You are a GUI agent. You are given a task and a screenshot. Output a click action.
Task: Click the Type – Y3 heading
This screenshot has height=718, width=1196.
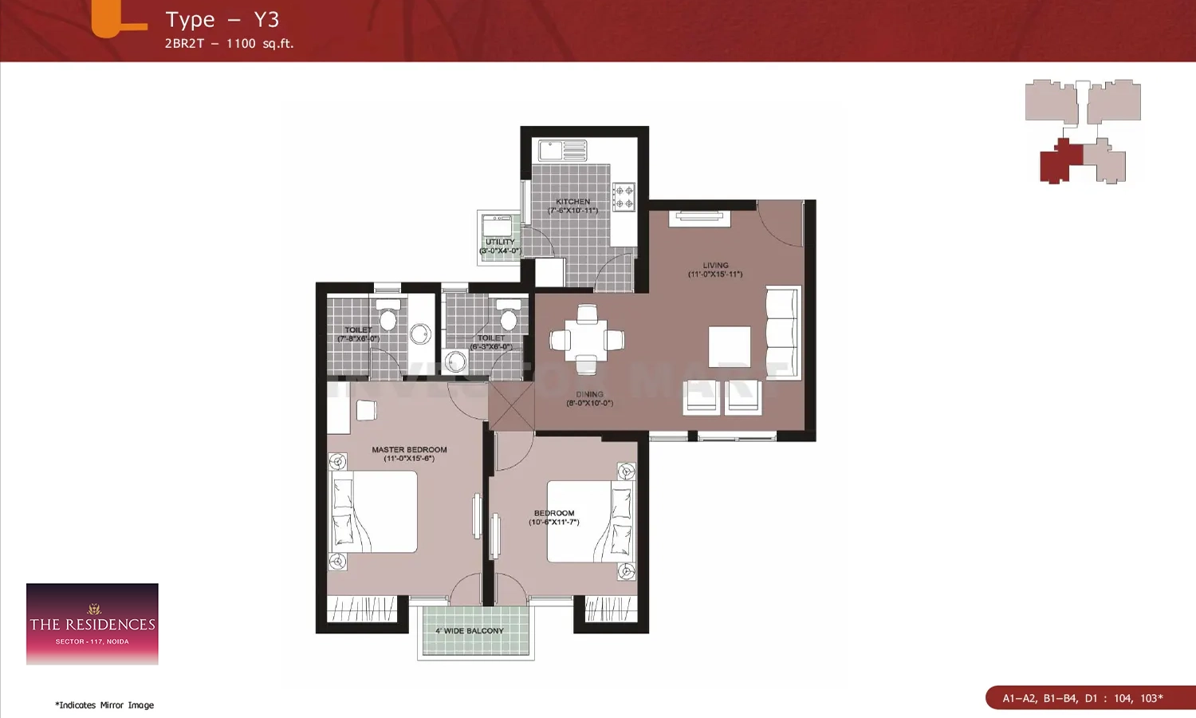click(222, 20)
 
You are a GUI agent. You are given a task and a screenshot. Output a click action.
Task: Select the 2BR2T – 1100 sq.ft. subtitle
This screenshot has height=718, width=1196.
click(229, 44)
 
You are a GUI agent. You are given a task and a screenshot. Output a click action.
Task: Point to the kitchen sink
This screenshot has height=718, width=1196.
click(563, 150)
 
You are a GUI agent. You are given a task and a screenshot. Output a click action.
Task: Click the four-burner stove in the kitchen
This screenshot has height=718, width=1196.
click(624, 197)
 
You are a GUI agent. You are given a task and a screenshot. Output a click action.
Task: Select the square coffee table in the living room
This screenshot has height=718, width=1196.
click(730, 347)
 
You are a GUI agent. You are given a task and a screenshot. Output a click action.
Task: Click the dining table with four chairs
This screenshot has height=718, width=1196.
click(587, 340)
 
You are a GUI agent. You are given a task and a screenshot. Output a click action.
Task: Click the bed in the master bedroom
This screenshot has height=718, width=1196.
click(374, 511)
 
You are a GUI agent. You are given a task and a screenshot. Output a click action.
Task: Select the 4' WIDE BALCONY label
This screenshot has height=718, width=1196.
click(469, 631)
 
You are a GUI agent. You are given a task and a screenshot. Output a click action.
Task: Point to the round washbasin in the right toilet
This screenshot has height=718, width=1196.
click(455, 361)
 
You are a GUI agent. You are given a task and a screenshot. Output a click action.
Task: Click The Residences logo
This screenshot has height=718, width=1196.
click(92, 624)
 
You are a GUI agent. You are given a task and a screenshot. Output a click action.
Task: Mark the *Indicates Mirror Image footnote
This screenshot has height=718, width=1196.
click(104, 705)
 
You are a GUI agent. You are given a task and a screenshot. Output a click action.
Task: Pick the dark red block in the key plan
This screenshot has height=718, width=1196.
click(1060, 163)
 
